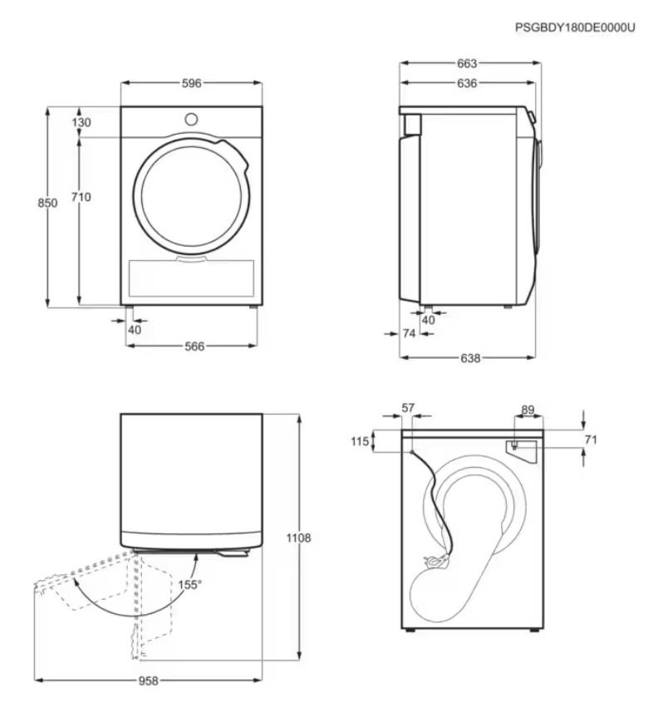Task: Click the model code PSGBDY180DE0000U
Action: click(575, 27)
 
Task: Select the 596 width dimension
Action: click(192, 83)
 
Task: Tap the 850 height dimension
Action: click(47, 203)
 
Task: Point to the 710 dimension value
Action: click(81, 197)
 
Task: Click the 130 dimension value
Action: click(81, 122)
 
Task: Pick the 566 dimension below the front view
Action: click(194, 346)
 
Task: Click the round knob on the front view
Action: click(191, 120)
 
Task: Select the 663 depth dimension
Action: click(467, 63)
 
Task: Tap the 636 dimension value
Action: click(467, 83)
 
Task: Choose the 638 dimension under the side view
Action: click(470, 358)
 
